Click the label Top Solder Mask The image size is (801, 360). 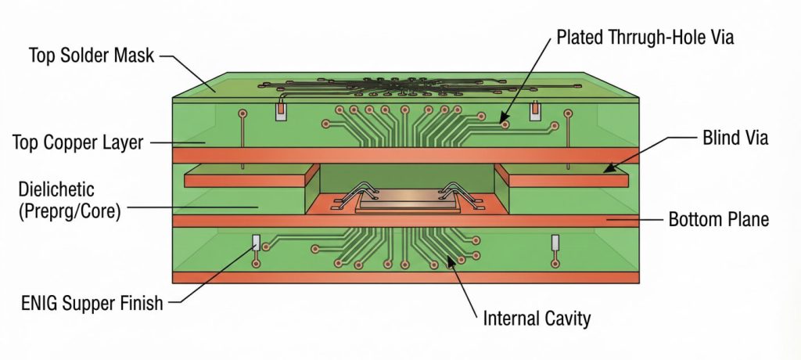point(91,56)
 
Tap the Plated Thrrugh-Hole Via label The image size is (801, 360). point(645,38)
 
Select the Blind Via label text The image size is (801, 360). point(735,138)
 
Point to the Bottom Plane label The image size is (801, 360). point(718,219)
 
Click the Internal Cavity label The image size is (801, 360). point(537,318)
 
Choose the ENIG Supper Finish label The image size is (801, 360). point(92,303)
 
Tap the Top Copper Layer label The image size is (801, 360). point(77,142)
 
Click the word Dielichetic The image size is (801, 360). point(56,189)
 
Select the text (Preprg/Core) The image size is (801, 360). point(70,211)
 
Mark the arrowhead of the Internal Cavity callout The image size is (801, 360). point(450,261)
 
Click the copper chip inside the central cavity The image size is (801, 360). point(407,199)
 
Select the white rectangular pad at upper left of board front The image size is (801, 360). point(281,111)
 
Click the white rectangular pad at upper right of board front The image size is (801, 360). point(535,111)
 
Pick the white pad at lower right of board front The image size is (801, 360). point(555,243)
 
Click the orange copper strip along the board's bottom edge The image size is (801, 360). point(406,278)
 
